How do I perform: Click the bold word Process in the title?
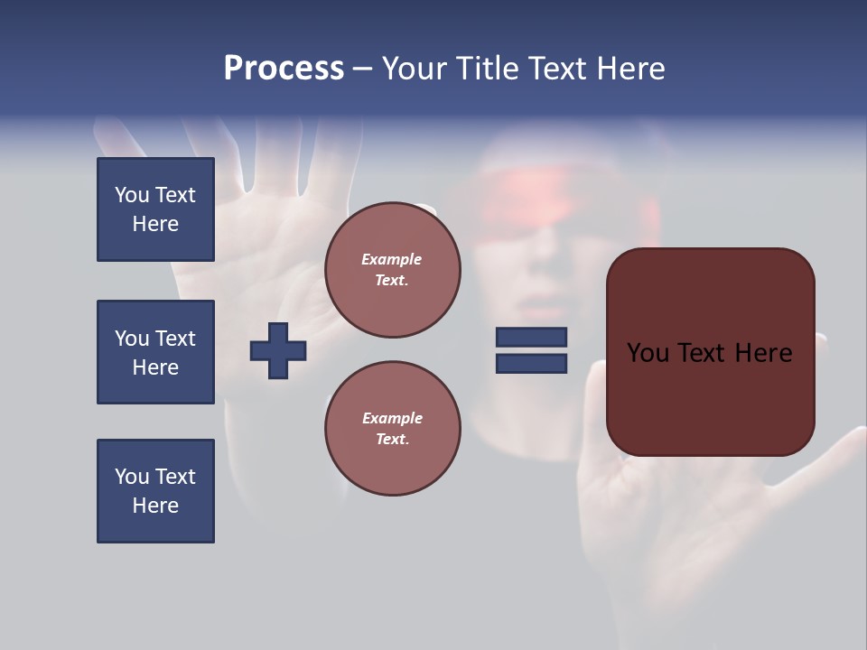(x=284, y=69)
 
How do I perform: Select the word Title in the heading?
(x=484, y=69)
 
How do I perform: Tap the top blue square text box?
(x=155, y=209)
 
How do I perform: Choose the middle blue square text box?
(x=155, y=352)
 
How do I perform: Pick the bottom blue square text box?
(x=155, y=490)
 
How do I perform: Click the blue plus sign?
(x=277, y=350)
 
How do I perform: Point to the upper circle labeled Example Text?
(x=392, y=269)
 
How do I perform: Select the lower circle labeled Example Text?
(x=392, y=428)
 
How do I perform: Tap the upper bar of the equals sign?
(x=531, y=337)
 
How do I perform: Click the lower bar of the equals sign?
(x=531, y=364)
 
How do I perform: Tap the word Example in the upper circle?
(x=391, y=259)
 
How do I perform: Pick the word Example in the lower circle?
(x=392, y=418)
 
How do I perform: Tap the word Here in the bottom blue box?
(x=155, y=506)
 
